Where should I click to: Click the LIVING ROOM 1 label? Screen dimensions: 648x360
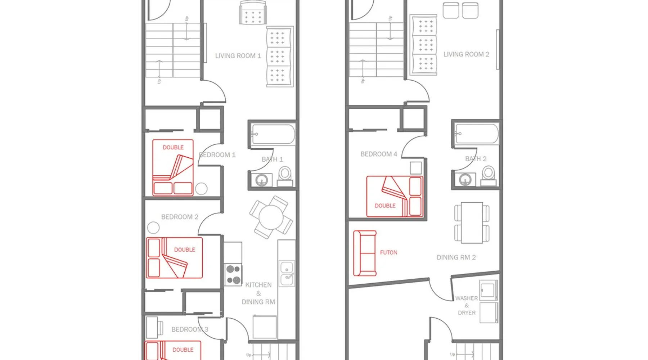(238, 56)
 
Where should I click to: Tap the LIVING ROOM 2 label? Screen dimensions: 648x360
(466, 54)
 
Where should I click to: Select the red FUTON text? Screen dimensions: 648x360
(389, 252)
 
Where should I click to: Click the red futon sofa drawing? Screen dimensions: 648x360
(365, 253)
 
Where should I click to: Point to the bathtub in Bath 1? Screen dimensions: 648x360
(273, 134)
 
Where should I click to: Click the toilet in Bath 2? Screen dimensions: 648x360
(489, 176)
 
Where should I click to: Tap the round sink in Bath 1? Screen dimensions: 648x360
(262, 180)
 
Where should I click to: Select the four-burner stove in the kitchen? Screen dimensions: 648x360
(233, 275)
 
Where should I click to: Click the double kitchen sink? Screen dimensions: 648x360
(287, 273)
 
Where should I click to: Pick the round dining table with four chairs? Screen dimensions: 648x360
(271, 217)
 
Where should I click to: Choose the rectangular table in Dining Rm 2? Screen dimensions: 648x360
(472, 223)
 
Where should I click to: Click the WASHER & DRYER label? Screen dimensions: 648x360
(467, 306)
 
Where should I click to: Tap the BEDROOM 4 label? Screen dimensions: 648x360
(379, 154)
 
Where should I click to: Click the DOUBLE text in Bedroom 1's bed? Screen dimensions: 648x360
(173, 147)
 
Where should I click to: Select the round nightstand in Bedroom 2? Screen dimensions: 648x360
(153, 228)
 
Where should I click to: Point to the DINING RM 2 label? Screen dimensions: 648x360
(456, 257)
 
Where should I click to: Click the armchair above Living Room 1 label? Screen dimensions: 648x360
(253, 13)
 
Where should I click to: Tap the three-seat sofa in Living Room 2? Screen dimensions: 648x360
(423, 45)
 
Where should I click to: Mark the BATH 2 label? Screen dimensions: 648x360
(476, 159)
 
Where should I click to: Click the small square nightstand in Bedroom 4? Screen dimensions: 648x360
(416, 168)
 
